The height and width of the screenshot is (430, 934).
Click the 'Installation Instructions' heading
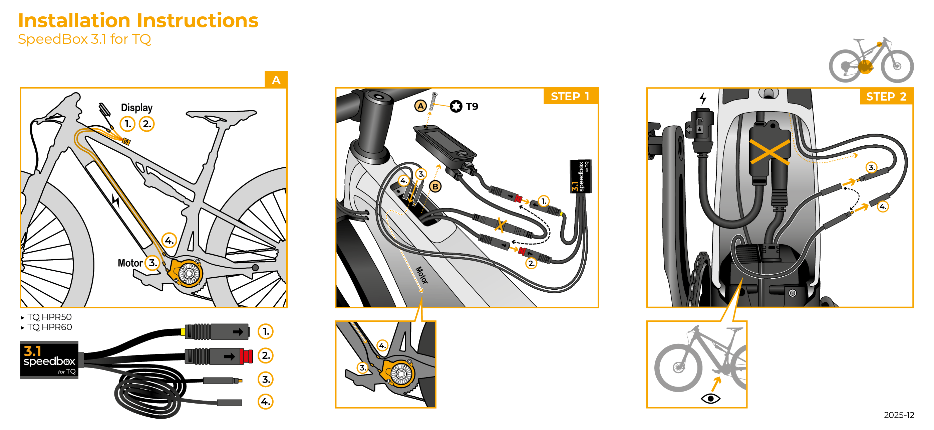(138, 20)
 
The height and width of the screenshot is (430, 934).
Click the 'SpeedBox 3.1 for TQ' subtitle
(84, 39)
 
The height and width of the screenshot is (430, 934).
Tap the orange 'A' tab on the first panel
(276, 80)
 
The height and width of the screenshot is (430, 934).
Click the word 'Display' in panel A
(137, 108)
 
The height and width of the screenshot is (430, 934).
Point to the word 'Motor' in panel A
(130, 263)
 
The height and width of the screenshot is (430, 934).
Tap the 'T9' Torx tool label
(472, 106)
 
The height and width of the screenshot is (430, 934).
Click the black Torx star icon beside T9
(456, 106)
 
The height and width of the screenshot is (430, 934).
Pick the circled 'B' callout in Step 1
(435, 187)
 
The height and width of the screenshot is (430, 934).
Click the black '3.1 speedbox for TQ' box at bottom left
(49, 360)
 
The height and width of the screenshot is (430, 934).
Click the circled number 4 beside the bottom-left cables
(265, 402)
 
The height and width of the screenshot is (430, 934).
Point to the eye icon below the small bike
(711, 398)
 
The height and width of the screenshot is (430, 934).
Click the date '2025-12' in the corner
(899, 415)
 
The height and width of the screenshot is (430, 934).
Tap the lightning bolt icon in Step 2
(703, 98)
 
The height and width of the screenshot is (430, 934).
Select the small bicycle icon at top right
(871, 60)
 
